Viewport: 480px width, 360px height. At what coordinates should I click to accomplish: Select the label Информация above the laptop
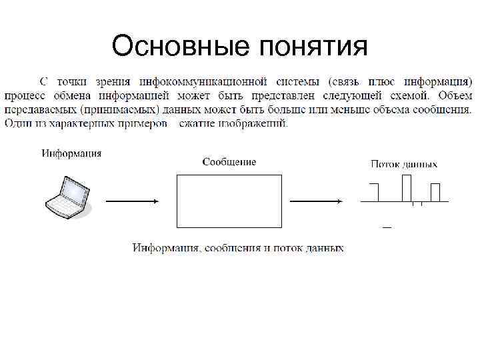[x=72, y=153]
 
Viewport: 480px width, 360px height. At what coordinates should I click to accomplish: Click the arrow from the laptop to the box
[x=132, y=201]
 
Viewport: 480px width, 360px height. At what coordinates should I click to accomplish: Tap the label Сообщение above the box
[x=229, y=162]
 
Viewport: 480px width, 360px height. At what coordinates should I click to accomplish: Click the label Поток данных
[x=404, y=164]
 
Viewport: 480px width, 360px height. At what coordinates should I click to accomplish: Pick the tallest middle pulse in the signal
[x=407, y=188]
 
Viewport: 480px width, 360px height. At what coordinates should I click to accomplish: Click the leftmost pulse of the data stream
[x=373, y=193]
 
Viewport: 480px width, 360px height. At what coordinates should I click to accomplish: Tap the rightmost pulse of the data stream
[x=435, y=193]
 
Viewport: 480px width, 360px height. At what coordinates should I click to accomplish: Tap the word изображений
[x=257, y=123]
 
